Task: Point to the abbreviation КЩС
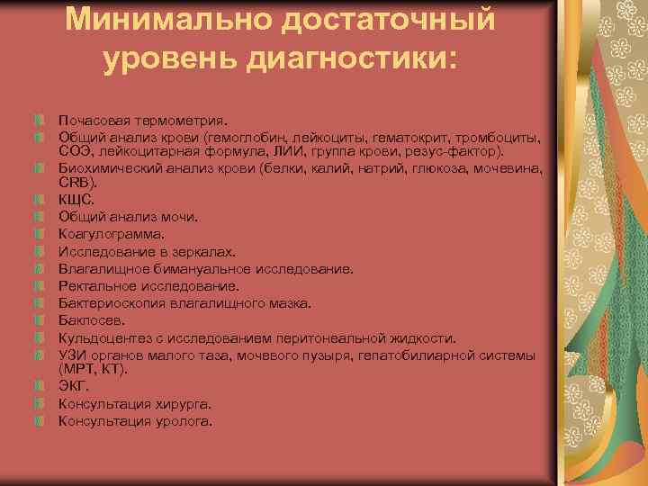click(76, 200)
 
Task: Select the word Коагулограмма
click(112, 234)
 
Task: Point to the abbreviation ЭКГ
click(74, 386)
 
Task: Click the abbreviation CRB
click(75, 183)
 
